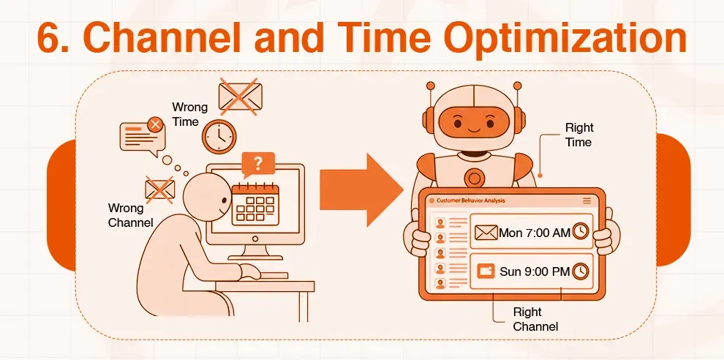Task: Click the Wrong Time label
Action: [x=189, y=114]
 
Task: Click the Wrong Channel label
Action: [x=130, y=214]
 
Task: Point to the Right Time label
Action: [x=578, y=135]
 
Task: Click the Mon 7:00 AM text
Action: [x=534, y=233]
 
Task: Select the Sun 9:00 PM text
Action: [x=534, y=271]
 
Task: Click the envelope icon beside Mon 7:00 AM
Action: [x=486, y=233]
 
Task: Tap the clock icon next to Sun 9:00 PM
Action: [x=581, y=271]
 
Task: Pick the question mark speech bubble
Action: [x=257, y=164]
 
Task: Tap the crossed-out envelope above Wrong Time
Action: [x=241, y=95]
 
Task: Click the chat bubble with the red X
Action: [x=140, y=136]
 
